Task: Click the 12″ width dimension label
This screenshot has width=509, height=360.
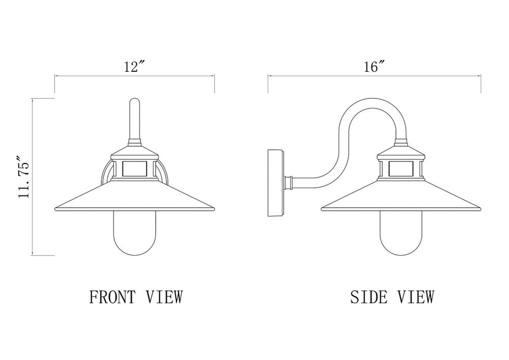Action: point(134,67)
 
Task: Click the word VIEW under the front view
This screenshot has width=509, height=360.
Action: point(164,297)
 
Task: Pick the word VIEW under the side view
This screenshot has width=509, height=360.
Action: point(416,297)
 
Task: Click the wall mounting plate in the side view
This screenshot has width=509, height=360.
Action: point(276,183)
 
